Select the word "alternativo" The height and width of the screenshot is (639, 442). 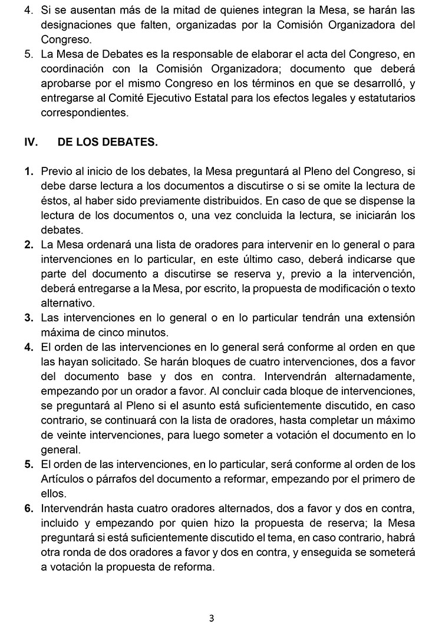65,303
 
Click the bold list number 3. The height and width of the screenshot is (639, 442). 28,318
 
